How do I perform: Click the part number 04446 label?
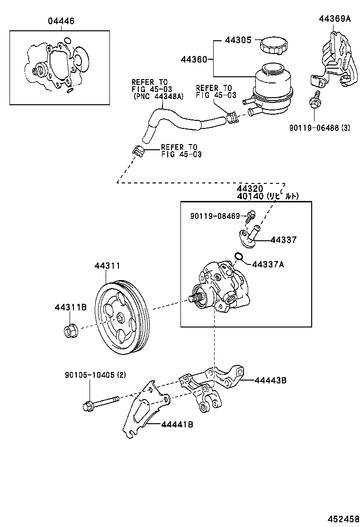tap(61, 21)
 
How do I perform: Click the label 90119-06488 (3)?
tap(319, 127)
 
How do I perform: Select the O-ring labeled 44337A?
tap(239, 257)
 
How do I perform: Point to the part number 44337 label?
tap(283, 240)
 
